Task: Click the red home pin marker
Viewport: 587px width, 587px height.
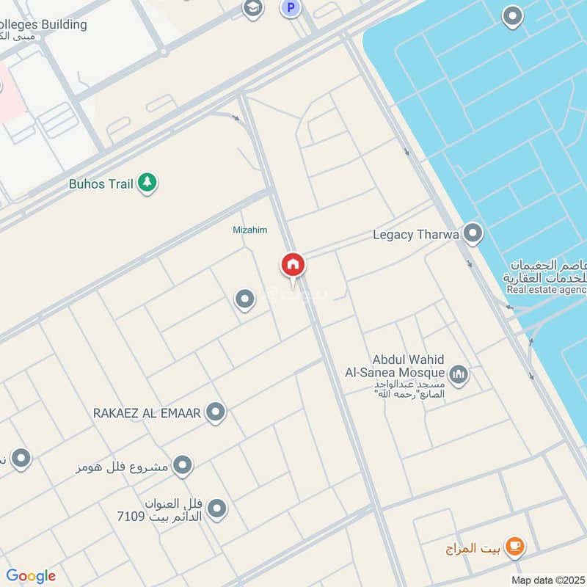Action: click(x=293, y=265)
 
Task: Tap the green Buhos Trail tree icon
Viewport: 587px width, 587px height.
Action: click(x=147, y=183)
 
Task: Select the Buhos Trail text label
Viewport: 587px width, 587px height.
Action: click(x=101, y=183)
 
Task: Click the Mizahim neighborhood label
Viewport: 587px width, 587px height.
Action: click(x=249, y=230)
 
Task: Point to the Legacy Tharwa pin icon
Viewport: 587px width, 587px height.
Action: click(x=473, y=234)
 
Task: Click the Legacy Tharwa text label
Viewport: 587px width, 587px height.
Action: click(x=416, y=235)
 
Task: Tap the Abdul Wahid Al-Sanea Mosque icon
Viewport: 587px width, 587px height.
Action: click(x=459, y=374)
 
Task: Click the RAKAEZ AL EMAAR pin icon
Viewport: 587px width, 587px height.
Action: click(x=216, y=412)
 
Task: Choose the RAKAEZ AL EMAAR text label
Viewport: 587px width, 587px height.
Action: click(x=147, y=413)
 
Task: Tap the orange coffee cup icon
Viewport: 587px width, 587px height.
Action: click(x=516, y=545)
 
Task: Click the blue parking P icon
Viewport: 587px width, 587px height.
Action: click(x=291, y=9)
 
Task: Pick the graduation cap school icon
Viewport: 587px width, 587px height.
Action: click(x=253, y=9)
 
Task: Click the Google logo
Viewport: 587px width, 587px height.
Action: click(x=31, y=576)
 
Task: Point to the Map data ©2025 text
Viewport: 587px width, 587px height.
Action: click(x=548, y=580)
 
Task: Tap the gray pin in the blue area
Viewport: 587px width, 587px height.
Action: click(x=512, y=15)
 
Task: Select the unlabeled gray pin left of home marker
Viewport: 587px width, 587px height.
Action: click(x=244, y=299)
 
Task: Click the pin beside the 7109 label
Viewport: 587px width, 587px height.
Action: click(x=216, y=508)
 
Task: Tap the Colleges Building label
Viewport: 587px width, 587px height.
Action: click(x=44, y=24)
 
